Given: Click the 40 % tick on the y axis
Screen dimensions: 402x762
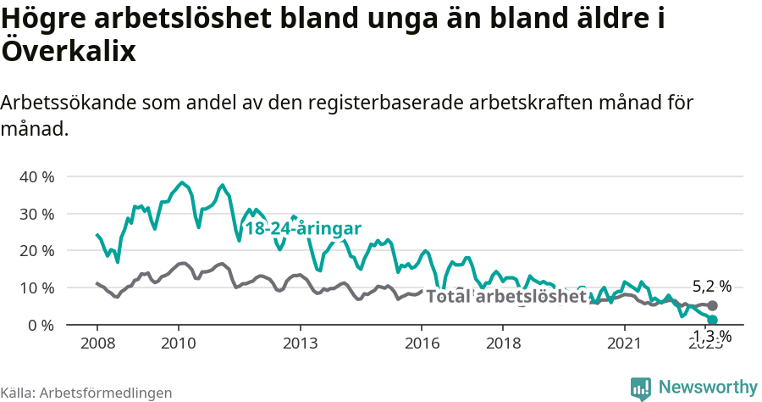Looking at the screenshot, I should click(36, 177).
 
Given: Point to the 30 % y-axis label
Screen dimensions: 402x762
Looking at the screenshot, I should click(36, 214).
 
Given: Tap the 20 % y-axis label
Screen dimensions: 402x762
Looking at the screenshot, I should click(36, 251).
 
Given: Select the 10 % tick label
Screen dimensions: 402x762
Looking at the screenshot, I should click(36, 288).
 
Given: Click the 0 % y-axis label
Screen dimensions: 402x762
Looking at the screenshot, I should click(40, 325).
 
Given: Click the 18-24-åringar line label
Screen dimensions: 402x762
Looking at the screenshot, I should click(303, 229).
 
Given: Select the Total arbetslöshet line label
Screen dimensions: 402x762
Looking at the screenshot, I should click(506, 297).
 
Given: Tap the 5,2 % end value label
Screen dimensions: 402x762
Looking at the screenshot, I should click(711, 287).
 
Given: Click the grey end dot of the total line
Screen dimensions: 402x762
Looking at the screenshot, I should click(712, 305).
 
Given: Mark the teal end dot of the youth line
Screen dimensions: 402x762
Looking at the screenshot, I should click(712, 320).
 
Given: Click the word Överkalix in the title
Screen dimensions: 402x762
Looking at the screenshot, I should click(69, 51).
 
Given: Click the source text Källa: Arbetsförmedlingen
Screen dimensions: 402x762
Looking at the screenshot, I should click(86, 393).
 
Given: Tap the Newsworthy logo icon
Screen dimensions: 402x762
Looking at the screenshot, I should click(640, 388).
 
